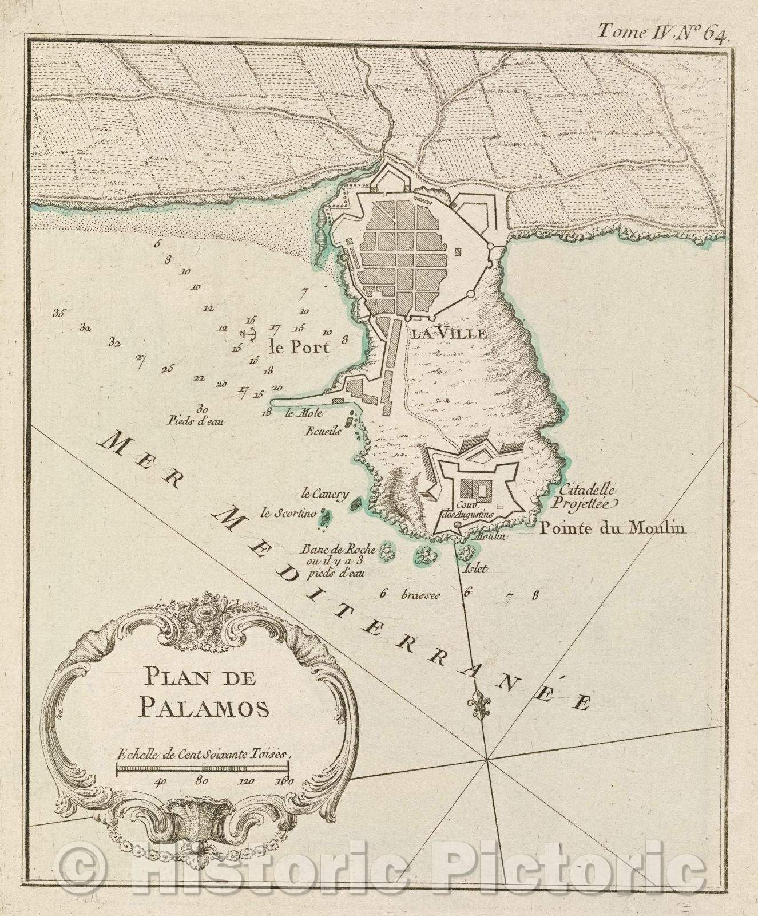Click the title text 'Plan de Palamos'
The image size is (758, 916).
tap(204, 694)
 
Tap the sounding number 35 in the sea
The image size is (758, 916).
tap(59, 313)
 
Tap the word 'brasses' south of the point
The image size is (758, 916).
tap(421, 595)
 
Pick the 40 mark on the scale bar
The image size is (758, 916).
tap(160, 780)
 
